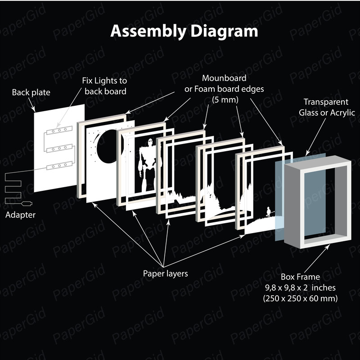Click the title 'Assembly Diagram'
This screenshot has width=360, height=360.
point(184,31)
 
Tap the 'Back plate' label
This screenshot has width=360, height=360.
point(31,92)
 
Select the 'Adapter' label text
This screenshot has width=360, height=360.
point(20,215)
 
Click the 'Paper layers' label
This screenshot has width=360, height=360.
point(165,274)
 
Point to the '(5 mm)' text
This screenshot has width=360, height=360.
point(225,99)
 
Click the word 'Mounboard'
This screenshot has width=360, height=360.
point(224,78)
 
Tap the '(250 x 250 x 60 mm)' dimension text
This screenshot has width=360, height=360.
point(300,298)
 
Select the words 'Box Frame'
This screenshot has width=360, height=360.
point(300,277)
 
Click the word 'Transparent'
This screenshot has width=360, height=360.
point(326,102)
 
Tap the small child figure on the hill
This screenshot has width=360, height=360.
point(268,212)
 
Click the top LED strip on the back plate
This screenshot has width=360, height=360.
point(59,130)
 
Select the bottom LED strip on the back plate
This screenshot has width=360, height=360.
point(59,166)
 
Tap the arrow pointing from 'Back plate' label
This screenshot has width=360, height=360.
point(32,105)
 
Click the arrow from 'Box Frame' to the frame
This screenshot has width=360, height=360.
point(317,258)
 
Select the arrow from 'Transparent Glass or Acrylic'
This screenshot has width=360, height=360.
point(316,137)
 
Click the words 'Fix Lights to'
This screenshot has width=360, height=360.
point(104,81)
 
